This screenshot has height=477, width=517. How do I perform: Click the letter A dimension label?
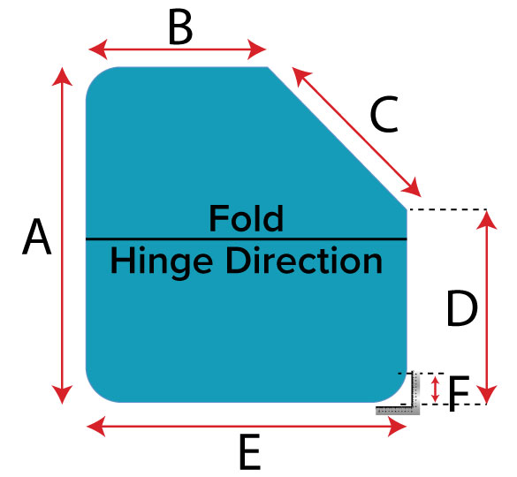tap(37, 237)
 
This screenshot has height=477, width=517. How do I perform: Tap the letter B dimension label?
tap(180, 26)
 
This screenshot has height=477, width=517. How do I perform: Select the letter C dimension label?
tap(384, 114)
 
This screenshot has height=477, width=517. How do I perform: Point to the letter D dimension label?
tap(462, 308)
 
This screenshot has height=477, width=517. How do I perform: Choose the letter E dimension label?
tap(250, 452)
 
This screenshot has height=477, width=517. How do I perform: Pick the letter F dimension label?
tap(459, 394)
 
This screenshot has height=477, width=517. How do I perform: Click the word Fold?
tap(247, 218)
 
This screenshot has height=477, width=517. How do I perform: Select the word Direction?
tap(304, 260)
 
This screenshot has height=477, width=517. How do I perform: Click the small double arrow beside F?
tap(436, 390)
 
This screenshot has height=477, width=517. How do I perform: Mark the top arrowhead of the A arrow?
tap(62, 76)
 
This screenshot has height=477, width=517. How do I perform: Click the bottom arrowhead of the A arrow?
tap(62, 395)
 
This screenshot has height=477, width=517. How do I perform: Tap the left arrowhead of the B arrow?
tap(98, 49)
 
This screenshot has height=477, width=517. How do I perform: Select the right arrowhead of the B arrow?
tap(256, 49)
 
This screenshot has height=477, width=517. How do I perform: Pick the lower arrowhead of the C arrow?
tap(413, 188)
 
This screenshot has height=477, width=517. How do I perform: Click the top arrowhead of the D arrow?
tap(487, 220)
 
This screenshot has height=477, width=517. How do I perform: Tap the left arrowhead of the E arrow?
tap(96, 427)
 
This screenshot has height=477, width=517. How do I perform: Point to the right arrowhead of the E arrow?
tap(397, 427)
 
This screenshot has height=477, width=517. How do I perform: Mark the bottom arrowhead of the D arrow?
tap(487, 395)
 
